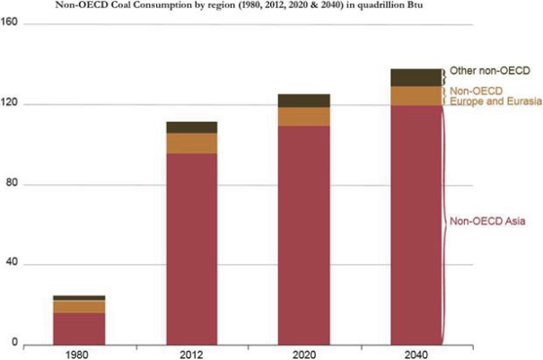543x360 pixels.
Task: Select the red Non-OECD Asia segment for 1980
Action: point(79,329)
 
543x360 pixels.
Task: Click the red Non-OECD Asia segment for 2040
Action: point(416,224)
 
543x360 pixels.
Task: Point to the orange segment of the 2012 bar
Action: point(191,144)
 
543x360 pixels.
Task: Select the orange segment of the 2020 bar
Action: point(303,117)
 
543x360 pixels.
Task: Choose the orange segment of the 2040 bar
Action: point(416,96)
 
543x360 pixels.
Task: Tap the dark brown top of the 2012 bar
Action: point(191,127)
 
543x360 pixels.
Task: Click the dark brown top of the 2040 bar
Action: point(416,77)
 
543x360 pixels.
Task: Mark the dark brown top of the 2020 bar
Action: point(303,101)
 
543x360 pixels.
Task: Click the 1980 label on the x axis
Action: point(79,353)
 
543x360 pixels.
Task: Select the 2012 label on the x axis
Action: point(191,353)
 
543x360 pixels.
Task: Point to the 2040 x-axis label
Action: point(416,353)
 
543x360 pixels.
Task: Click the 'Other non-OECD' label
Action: point(490,71)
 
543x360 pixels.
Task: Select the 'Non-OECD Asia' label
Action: point(486,222)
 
